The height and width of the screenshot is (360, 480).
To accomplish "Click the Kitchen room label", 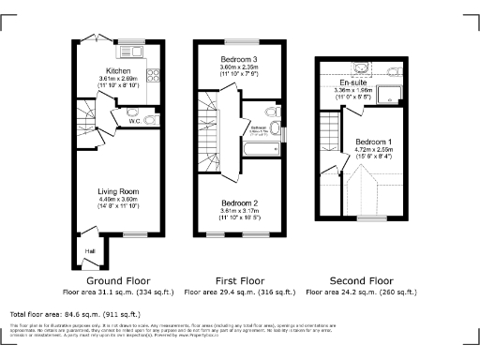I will [x=118, y=71].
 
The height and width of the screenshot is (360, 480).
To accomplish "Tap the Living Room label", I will [x=117, y=191].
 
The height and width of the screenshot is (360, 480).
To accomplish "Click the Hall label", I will [x=90, y=251].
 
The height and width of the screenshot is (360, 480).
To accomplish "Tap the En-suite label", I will [x=352, y=83].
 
